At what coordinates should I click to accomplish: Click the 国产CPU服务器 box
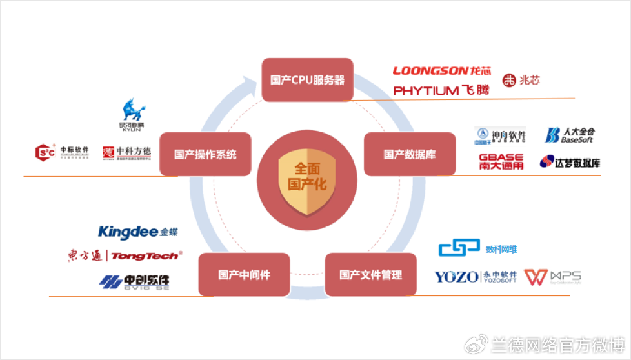307,81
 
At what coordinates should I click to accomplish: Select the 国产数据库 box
409,155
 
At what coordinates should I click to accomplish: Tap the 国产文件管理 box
370,275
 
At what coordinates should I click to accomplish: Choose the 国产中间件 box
243,275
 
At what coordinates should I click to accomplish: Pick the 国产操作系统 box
205,155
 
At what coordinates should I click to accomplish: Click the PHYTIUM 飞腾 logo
441,91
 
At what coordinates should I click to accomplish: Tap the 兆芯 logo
521,81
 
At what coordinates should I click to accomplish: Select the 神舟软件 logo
499,135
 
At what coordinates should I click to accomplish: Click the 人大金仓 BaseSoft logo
570,135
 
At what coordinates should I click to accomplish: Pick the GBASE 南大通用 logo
501,161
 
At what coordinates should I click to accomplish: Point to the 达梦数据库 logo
570,161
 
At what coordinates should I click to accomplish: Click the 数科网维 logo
477,249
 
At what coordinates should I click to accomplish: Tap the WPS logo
552,277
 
